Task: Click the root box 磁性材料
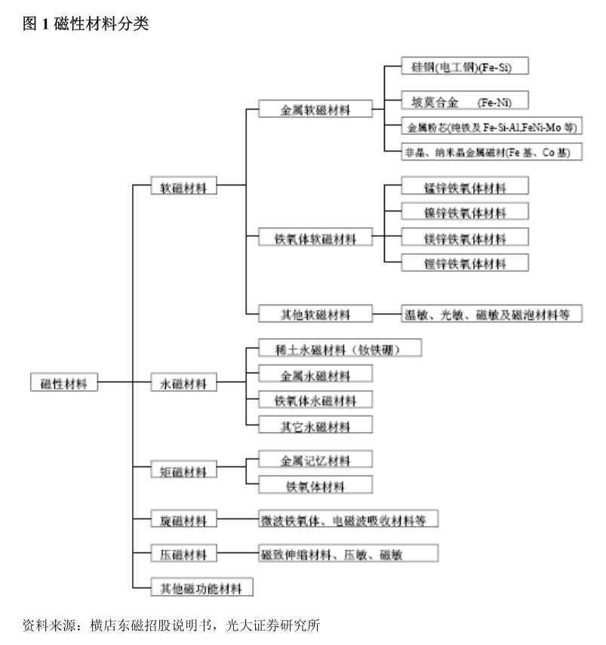[64, 382]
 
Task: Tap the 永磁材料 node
[183, 382]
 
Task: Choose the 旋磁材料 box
[183, 519]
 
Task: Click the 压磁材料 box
[183, 554]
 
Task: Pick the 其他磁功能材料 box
[201, 587]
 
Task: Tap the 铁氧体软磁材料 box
[315, 238]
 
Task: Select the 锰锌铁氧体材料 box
[465, 186]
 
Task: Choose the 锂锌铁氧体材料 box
[465, 263]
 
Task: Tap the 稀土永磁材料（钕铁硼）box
[339, 349]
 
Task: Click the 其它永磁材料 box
[315, 425]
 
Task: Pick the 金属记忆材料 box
[315, 459]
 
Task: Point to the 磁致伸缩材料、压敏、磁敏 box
[348, 554]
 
